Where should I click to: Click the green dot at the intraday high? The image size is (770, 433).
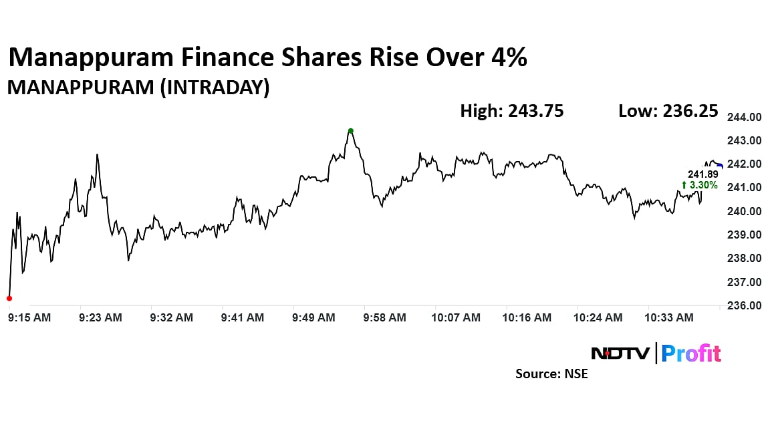[350, 131]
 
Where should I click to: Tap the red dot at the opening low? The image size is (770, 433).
[9, 298]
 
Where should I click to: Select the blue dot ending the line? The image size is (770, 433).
[720, 166]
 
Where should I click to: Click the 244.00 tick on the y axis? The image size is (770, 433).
[744, 117]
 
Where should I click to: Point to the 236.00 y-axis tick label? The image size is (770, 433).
[744, 305]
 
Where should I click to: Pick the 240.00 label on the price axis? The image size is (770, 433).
[744, 211]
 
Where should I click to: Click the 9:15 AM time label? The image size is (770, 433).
[29, 318]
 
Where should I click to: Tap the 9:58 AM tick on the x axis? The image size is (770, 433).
[384, 318]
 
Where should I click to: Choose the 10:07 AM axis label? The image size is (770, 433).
[457, 318]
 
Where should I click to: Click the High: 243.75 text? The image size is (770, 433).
[511, 111]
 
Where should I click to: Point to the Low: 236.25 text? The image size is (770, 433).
[668, 111]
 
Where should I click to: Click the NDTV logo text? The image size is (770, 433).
[620, 353]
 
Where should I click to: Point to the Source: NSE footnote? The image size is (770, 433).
[551, 374]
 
